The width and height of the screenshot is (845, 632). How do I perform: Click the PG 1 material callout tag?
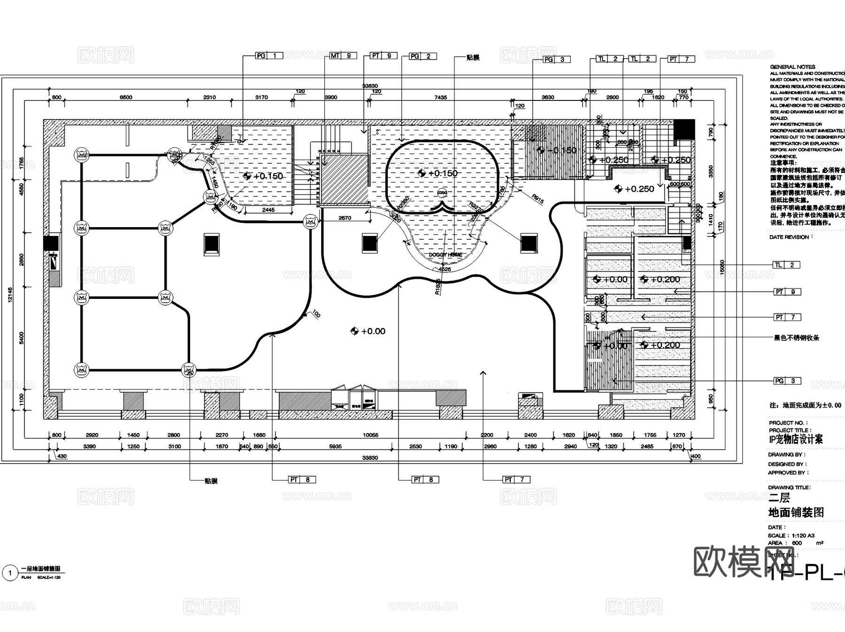pos(269,56)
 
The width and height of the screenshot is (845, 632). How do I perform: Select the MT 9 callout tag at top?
pos(342,56)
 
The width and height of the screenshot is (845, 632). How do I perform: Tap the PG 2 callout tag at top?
pos(422,56)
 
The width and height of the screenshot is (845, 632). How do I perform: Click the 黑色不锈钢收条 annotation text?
pos(796,338)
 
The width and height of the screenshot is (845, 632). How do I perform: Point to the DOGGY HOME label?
pos(446,255)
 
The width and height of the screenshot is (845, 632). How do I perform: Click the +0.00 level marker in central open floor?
pos(368,331)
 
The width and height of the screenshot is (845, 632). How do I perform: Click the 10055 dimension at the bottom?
pos(370,435)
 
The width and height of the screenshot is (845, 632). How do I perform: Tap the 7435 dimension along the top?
pos(440,98)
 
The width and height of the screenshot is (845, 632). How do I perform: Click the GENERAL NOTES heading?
pos(792,67)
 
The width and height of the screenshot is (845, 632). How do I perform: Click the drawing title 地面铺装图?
pos(796,512)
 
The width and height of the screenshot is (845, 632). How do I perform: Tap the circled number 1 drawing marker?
pos(10,573)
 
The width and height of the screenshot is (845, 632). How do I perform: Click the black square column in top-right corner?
pos(684,129)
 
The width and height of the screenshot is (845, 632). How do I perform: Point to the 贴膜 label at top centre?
pos(473,58)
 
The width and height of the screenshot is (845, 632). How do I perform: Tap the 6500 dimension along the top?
pos(126,98)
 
